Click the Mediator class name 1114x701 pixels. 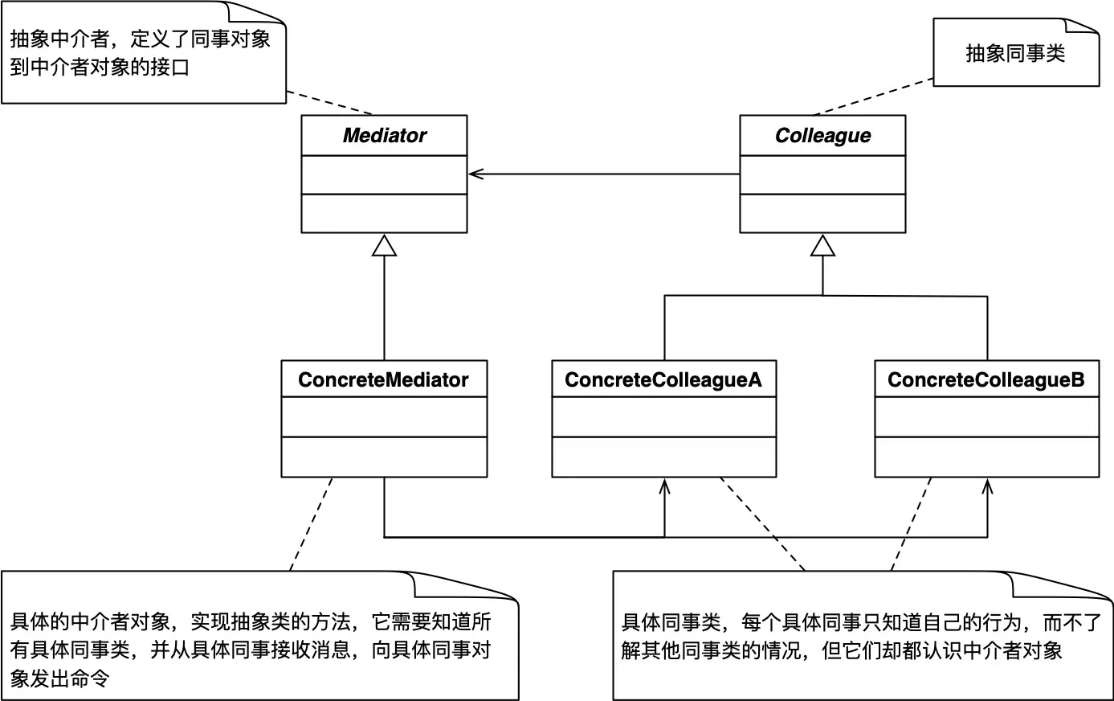tap(384, 136)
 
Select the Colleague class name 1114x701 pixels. tap(822, 136)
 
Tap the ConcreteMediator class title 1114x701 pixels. tap(383, 379)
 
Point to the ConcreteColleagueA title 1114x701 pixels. tap(663, 379)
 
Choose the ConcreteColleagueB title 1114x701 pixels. tap(985, 379)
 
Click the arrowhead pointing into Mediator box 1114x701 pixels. tap(475, 174)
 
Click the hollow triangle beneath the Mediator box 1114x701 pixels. tap(384, 245)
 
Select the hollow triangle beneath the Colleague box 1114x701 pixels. tap(822, 245)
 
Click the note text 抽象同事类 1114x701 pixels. tap(1014, 54)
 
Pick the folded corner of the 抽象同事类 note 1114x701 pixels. tap(1087, 27)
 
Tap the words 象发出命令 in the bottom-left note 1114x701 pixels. tap(59, 678)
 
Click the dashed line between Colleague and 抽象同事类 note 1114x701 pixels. tap(872, 97)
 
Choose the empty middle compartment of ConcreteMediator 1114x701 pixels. tap(384, 416)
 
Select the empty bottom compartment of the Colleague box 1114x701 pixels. tap(822, 213)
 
